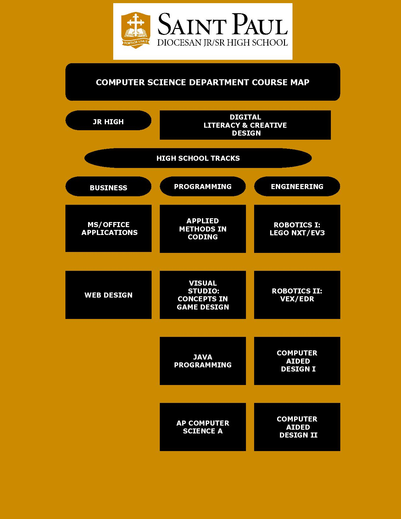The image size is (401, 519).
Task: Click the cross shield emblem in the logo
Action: (x=136, y=30)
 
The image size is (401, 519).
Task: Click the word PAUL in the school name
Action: (x=260, y=24)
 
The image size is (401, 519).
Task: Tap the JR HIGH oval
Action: (x=108, y=120)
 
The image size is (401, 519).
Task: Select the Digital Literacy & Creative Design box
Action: (x=245, y=125)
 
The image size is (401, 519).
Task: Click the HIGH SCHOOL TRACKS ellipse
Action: (x=198, y=158)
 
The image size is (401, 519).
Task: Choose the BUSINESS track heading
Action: (x=108, y=186)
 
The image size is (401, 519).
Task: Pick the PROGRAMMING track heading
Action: (x=203, y=186)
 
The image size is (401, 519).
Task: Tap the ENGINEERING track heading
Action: (x=297, y=186)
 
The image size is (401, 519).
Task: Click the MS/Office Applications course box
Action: (x=109, y=228)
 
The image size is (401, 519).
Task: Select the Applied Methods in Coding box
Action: (x=203, y=229)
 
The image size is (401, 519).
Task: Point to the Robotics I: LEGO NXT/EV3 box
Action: (x=297, y=229)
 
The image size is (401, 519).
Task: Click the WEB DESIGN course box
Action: (x=109, y=295)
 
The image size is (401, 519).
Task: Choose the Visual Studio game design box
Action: (x=203, y=295)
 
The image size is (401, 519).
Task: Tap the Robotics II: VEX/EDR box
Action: (x=297, y=295)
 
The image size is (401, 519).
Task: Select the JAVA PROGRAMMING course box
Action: (x=203, y=361)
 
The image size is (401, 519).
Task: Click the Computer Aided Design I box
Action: (x=297, y=361)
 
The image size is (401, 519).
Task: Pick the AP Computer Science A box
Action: (x=203, y=427)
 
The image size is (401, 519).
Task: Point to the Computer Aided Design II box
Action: (x=297, y=427)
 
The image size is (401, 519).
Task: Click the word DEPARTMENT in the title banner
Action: (x=219, y=82)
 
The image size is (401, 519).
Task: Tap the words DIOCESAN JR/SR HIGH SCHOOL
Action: (x=222, y=42)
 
